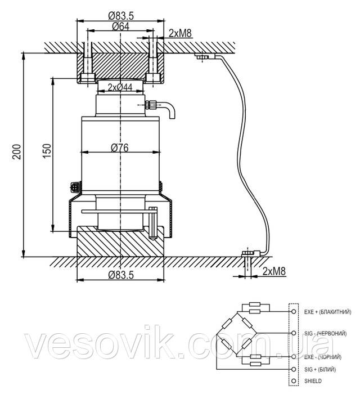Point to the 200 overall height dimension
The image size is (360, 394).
tap(16, 152)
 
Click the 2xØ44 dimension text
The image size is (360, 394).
tap(120, 87)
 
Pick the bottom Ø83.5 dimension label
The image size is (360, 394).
tap(119, 275)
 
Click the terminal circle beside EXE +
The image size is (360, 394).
tap(294, 311)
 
